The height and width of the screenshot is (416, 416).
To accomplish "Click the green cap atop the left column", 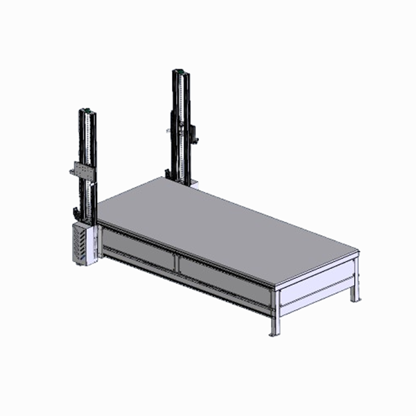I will [87, 110].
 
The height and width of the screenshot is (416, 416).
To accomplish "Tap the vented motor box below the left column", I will [82, 243].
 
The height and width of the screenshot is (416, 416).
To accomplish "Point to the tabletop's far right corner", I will [358, 251].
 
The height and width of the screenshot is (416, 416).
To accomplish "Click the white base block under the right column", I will [194, 185].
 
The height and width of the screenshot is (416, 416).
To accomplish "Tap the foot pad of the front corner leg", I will [275, 333].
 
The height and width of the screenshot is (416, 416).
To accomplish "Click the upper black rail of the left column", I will [88, 139].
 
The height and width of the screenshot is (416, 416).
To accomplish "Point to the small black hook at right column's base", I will [168, 173].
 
